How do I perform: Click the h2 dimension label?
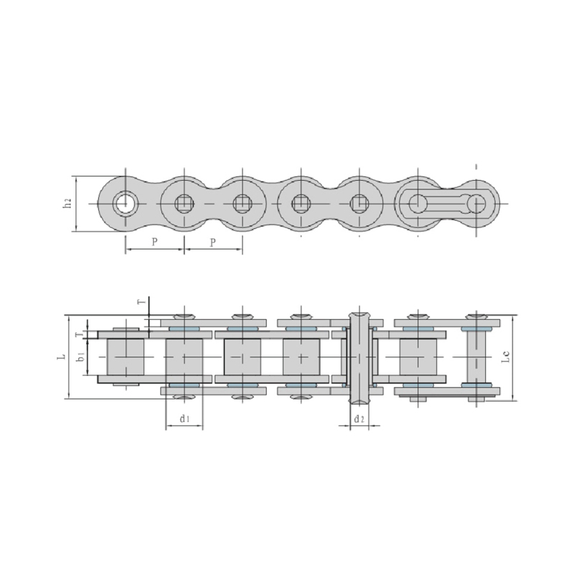pyautogui.click(x=67, y=204)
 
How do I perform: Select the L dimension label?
pyautogui.click(x=62, y=356)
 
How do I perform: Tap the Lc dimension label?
pyautogui.click(x=507, y=357)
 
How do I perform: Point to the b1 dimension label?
pyautogui.click(x=81, y=356)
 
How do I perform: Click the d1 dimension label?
pyautogui.click(x=184, y=418)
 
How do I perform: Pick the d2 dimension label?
pyautogui.click(x=359, y=418)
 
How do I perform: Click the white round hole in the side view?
pyautogui.click(x=126, y=204)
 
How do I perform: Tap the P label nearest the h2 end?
pyautogui.click(x=155, y=243)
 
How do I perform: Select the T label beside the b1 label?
pyautogui.click(x=79, y=334)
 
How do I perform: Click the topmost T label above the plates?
pyautogui.click(x=141, y=303)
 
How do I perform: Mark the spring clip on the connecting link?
pyautogui.click(x=439, y=204)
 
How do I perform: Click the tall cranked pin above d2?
pyautogui.click(x=359, y=357)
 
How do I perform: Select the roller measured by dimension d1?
pyautogui.click(x=184, y=357)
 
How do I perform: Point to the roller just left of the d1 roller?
pyautogui.click(x=125, y=357)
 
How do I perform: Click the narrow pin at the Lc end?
pyautogui.click(x=476, y=357)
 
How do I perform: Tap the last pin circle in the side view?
pyautogui.click(x=476, y=204)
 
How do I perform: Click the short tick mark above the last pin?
pyautogui.click(x=476, y=166)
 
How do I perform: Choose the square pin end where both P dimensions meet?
pyautogui.click(x=184, y=204)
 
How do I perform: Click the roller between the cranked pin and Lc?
pyautogui.click(x=418, y=357)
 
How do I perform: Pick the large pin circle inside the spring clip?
pyautogui.click(x=417, y=204)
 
